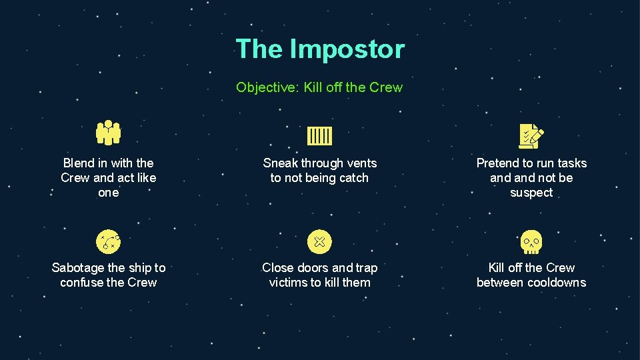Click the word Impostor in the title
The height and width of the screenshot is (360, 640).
[346, 49]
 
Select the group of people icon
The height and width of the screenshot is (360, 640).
[108, 133]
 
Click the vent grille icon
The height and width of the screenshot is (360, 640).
[319, 136]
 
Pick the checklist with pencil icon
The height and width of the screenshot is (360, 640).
[531, 136]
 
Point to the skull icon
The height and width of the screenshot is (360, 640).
[531, 242]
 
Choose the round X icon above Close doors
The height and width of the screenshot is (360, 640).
[319, 241]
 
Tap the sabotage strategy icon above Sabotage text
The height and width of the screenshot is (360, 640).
[108, 241]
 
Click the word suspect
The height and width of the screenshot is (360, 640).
[531, 193]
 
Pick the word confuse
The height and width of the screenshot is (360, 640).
[82, 283]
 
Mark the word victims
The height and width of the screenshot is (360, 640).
[291, 283]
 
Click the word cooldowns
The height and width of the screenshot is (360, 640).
[555, 283]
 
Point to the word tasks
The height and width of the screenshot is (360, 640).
[571, 163]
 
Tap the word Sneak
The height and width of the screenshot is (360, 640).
[280, 163]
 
